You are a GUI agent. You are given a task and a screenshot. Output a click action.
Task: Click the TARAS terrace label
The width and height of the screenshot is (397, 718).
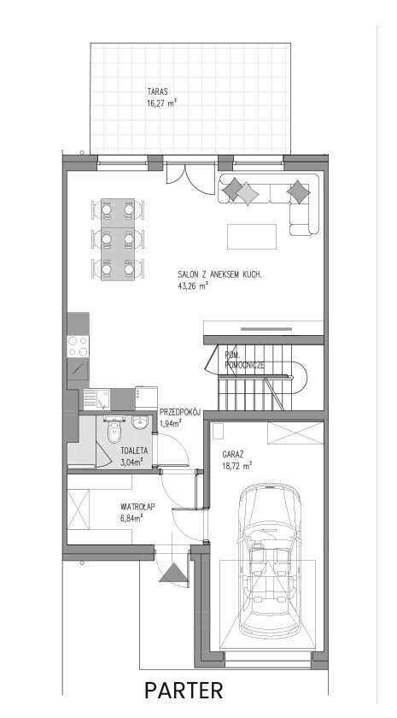click(x=158, y=91)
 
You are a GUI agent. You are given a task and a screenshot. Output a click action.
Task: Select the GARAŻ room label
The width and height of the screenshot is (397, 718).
click(x=233, y=455)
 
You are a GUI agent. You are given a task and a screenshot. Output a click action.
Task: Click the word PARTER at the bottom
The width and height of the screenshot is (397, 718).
click(x=184, y=691)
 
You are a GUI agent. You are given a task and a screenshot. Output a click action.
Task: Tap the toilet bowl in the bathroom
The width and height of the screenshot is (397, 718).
click(x=114, y=432)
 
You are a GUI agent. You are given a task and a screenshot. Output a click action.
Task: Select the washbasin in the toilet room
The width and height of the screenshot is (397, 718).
click(x=139, y=422)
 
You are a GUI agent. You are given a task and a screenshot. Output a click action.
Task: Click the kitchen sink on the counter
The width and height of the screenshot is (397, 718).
click(x=96, y=399)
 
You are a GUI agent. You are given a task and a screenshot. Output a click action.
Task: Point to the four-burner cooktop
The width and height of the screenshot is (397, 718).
click(x=78, y=346)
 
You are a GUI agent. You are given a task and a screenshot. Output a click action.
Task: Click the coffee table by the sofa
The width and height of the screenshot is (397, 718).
click(x=252, y=236)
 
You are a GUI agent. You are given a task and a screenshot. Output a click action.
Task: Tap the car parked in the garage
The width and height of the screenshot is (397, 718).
click(x=271, y=560)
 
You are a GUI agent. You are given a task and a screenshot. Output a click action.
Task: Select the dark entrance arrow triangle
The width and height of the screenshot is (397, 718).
click(x=174, y=574)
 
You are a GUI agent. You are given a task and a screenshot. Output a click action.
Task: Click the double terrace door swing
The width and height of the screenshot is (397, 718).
click(x=190, y=179)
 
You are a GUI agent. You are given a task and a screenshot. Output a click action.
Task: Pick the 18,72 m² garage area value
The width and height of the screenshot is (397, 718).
click(x=238, y=467)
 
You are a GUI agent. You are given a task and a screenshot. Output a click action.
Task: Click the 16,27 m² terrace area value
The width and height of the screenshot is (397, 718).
click(x=162, y=103)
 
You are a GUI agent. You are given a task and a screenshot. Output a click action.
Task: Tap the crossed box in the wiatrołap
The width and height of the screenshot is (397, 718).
click(x=79, y=509)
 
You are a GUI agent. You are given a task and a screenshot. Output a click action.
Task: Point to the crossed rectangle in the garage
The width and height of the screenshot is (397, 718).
click(x=295, y=433)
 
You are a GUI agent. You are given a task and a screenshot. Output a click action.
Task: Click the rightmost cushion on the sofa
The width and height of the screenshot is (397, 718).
click(x=298, y=191)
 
